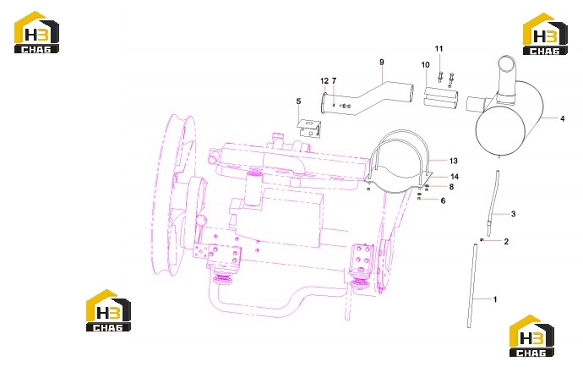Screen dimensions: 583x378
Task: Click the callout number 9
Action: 381,62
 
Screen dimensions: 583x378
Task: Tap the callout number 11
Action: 439,49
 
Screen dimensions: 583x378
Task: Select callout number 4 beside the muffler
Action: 562,118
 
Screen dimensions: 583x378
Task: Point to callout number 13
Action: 453,161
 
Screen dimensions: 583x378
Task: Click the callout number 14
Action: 455,177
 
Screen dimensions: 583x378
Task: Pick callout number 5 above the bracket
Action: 298,101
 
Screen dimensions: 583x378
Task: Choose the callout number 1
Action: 495,299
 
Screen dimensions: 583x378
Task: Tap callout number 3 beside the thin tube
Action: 513,214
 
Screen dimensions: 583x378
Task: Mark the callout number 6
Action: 443,200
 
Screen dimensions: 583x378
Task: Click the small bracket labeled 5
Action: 309,128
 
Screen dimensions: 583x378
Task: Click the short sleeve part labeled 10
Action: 441,97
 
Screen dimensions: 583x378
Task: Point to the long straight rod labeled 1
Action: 472,286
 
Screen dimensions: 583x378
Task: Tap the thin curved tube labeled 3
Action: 493,203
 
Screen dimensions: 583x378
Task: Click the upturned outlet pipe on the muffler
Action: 506,78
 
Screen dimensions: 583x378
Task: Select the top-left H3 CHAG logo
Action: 36,32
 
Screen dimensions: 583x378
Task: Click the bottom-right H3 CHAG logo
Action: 531,336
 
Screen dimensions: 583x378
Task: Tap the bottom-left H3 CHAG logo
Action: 108,310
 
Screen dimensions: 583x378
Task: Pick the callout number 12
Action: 324,80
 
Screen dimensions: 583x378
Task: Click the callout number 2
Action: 506,242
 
